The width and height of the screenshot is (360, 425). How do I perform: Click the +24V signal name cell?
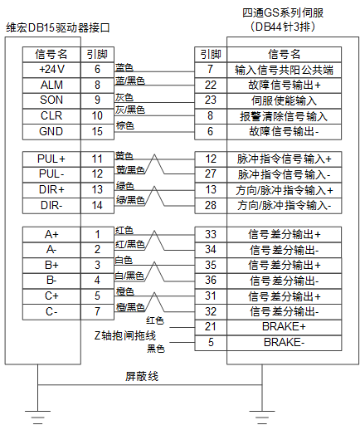pyautogui.click(x=51, y=70)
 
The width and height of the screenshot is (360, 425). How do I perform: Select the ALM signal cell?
pyautogui.click(x=51, y=85)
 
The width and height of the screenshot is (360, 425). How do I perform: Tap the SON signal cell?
pyautogui.click(x=51, y=100)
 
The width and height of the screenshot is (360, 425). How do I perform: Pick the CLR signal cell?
pyautogui.click(x=51, y=116)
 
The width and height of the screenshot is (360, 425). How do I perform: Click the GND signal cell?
pyautogui.click(x=51, y=132)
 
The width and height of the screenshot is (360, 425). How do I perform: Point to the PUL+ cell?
pyautogui.click(x=51, y=159)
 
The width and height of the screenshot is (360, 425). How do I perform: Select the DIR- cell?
pyautogui.click(x=51, y=206)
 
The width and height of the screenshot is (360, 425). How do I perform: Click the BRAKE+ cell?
pyautogui.click(x=284, y=327)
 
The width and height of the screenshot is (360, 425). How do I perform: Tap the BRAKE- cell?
pyautogui.click(x=284, y=343)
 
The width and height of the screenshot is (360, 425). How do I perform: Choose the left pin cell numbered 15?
pyautogui.click(x=97, y=132)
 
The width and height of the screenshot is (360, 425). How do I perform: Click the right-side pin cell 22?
pyautogui.click(x=211, y=85)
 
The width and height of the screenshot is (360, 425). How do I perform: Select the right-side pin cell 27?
pyautogui.click(x=211, y=174)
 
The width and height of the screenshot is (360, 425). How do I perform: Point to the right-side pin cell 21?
pyautogui.click(x=211, y=327)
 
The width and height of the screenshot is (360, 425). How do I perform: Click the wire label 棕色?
pyautogui.click(x=125, y=125)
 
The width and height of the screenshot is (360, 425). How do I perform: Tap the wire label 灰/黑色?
pyautogui.click(x=130, y=110)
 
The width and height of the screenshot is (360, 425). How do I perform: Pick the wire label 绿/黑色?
pyautogui.click(x=130, y=199)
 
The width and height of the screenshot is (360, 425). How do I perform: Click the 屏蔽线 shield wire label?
pyautogui.click(x=142, y=376)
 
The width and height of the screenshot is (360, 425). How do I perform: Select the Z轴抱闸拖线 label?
pyautogui.click(x=125, y=335)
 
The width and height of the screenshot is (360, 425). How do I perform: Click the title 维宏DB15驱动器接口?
pyautogui.click(x=58, y=28)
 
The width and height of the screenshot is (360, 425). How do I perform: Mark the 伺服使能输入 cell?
pyautogui.click(x=284, y=100)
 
